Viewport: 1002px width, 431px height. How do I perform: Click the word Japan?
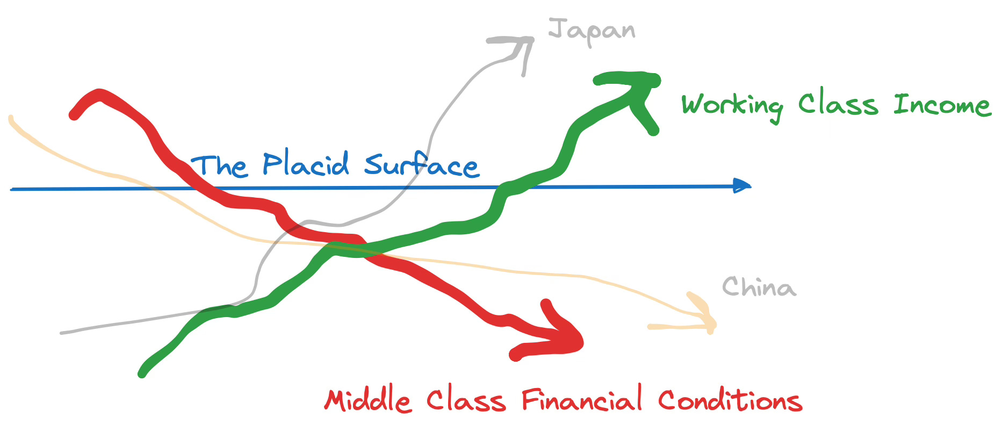(591, 31)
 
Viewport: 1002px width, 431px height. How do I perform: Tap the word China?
(759, 287)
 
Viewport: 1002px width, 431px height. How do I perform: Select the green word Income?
(942, 104)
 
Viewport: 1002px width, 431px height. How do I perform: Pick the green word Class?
(838, 104)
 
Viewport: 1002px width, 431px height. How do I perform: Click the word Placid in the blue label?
(306, 164)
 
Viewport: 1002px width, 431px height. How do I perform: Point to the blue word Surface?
(421, 165)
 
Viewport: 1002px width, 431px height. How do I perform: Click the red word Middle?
(368, 400)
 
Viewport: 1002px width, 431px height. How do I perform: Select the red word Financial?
(582, 399)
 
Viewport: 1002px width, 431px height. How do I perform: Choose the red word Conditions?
(730, 400)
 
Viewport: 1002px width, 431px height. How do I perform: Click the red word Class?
(466, 400)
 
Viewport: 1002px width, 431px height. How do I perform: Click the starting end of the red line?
(74, 114)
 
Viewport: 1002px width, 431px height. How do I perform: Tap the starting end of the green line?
(142, 373)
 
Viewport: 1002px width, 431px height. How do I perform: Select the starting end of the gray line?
(62, 333)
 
